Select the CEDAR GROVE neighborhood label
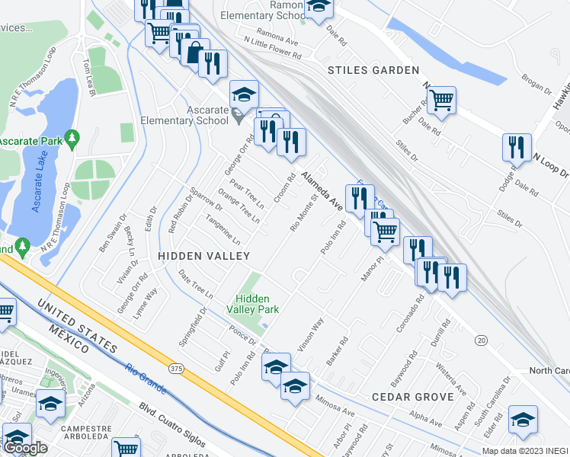coord(413,397)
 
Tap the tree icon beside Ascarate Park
coord(72,138)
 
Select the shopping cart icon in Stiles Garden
coord(442,99)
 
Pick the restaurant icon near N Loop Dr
coord(517,146)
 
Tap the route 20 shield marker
coord(481,340)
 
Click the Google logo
coord(26,447)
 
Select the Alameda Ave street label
coord(321,190)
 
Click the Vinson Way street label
coord(310,334)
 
